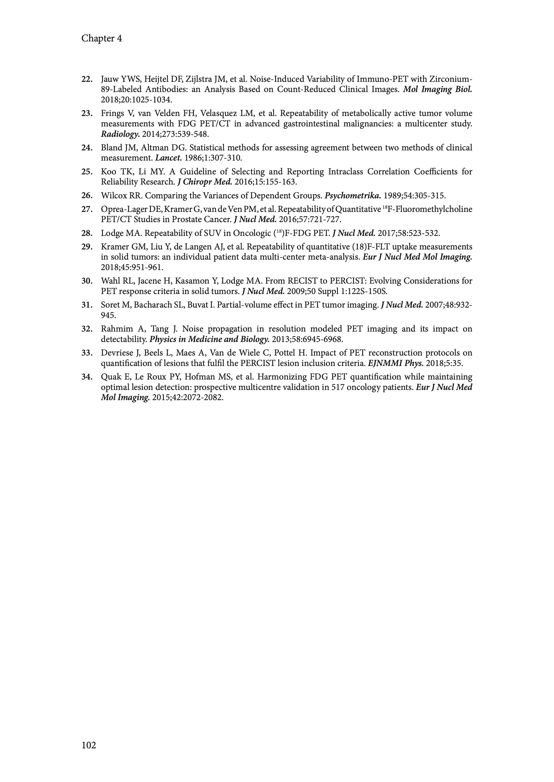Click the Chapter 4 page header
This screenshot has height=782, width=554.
point(101,39)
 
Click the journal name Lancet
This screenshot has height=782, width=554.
point(168,158)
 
